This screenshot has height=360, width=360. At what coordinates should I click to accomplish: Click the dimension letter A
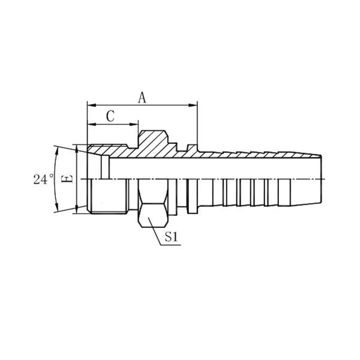click(x=142, y=98)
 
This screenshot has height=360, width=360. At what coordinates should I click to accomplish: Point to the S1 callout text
click(x=172, y=238)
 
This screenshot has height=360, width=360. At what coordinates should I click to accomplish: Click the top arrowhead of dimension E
click(x=76, y=148)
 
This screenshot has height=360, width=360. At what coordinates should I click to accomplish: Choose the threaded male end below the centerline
click(x=108, y=197)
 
